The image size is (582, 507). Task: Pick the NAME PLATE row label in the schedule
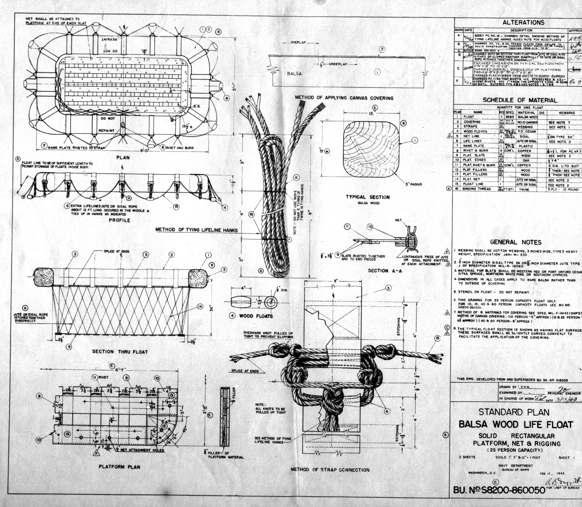[x=472, y=146]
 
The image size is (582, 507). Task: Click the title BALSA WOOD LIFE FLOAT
[x=516, y=424]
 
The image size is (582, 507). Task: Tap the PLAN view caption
[x=123, y=157]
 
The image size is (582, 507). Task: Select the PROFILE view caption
[x=120, y=220]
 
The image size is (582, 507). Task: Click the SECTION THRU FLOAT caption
[x=120, y=352]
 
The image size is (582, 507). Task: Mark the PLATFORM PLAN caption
[x=120, y=467]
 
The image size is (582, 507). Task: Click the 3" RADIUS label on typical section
[x=413, y=184]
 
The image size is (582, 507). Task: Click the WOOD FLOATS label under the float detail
[x=256, y=316]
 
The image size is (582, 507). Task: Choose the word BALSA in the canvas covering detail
[x=294, y=74]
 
